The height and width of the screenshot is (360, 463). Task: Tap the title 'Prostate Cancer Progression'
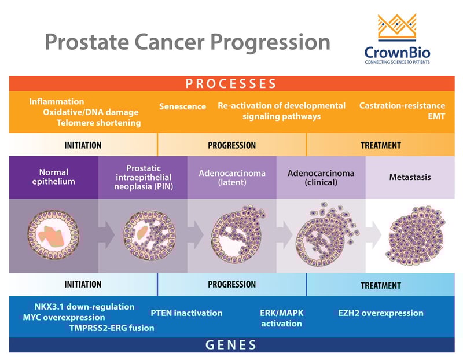point(188,42)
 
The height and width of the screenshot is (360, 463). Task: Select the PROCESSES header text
point(231,83)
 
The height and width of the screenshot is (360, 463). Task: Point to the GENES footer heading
point(231,346)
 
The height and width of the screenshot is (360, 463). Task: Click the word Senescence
point(182,106)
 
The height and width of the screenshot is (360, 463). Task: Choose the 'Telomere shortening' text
point(98,123)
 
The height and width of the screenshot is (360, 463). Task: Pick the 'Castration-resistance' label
point(402,105)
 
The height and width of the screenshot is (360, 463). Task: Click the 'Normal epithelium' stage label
point(54,177)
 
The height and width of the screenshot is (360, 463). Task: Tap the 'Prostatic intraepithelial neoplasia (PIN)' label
point(142,177)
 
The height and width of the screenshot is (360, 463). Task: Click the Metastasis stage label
point(410,177)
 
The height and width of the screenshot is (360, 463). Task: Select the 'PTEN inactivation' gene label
point(186,313)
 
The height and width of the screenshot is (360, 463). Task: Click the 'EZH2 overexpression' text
point(381,313)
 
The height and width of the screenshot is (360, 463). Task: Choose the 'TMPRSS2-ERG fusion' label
point(112,328)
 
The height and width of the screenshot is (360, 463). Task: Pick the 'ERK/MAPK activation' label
point(281,318)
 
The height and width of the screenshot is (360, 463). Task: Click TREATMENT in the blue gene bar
point(381,285)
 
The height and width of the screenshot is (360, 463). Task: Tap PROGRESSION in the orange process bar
point(231,145)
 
